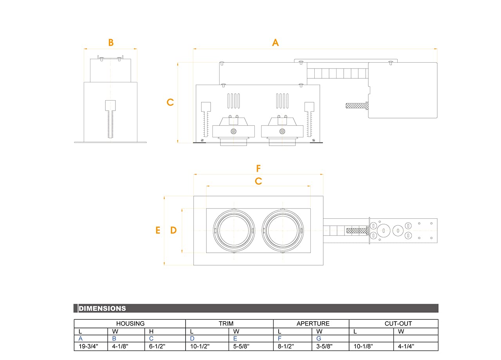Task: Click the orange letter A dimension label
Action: point(276,42)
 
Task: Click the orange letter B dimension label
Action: point(111,42)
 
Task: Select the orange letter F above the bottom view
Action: point(258,169)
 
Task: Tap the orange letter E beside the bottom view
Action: point(158,230)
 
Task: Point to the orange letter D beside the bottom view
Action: point(173,230)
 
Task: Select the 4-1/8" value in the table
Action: point(120,346)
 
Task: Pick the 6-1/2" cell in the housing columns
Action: point(157,346)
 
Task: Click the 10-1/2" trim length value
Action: point(200,346)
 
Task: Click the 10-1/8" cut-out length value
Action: point(363,346)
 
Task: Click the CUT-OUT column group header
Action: point(393,324)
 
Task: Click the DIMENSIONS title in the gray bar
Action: point(103,308)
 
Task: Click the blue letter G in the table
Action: point(319,338)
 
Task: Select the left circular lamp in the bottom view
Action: point(234,230)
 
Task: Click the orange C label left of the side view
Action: point(170,102)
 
